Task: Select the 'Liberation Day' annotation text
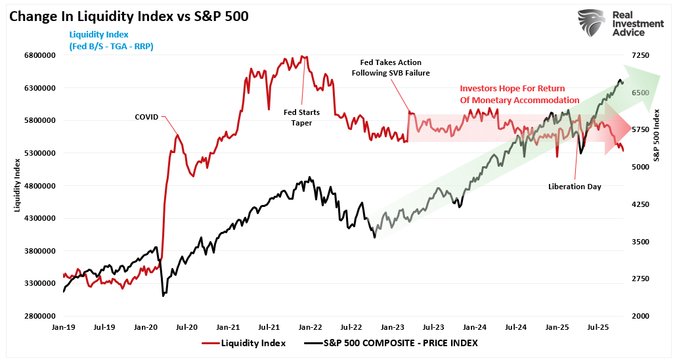575,187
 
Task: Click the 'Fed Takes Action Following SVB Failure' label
391,68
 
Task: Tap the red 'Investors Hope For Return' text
512,88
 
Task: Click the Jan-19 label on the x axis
63,326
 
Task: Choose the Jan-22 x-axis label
311,326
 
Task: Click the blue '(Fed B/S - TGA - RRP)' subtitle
111,46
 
